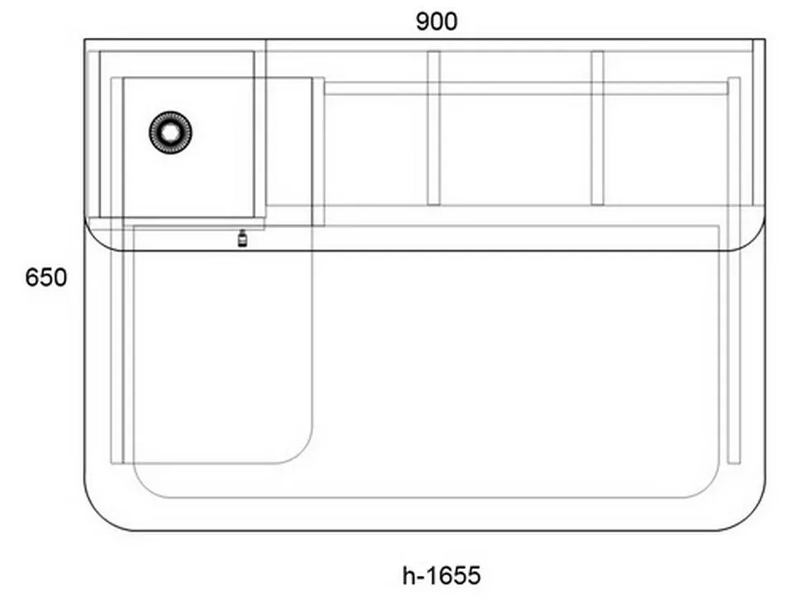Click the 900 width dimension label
(x=436, y=21)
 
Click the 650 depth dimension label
(x=46, y=277)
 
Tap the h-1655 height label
(x=441, y=575)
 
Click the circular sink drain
(x=171, y=132)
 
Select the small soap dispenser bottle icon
(x=242, y=239)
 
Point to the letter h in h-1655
(x=409, y=575)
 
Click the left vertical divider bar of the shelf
(x=434, y=128)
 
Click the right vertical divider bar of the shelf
(x=597, y=128)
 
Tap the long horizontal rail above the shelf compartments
(x=526, y=88)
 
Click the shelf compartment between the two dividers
(x=515, y=150)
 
